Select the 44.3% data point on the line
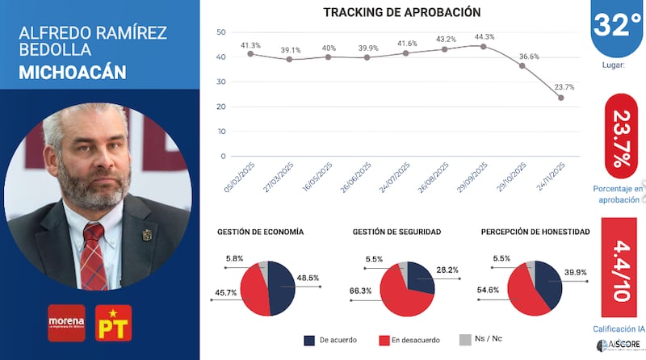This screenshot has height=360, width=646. (x=483, y=46)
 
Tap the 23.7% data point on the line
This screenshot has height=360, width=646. (x=560, y=98)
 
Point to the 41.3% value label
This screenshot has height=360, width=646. (x=251, y=45)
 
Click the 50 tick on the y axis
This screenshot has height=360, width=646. (x=221, y=31)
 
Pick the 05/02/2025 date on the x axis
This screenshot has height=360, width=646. (x=241, y=178)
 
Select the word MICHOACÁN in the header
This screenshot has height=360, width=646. (x=72, y=72)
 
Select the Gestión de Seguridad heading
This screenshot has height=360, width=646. (x=396, y=232)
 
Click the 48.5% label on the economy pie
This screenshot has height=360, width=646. (x=308, y=277)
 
